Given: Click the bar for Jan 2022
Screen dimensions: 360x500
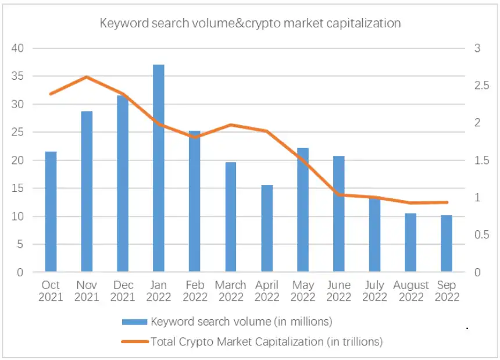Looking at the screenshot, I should pos(158,169).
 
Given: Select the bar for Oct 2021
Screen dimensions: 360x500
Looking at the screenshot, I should pos(51,212).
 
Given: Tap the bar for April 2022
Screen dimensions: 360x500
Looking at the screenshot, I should pos(267,229).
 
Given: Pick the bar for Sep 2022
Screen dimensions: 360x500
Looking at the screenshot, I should pos(447,244).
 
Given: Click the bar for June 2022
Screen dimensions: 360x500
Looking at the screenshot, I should pos(339,214).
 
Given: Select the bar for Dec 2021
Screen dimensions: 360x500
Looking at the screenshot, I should pos(123,184).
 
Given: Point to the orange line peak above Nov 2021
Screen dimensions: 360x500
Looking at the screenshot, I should pos(87,77).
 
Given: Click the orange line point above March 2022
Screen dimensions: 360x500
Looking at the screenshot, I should pos(231,125).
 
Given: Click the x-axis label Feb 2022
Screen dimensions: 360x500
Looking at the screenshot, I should pos(195,291).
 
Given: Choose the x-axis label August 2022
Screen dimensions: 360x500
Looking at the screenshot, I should pos(410,291).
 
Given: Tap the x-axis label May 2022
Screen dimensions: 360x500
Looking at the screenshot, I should pos(303,291).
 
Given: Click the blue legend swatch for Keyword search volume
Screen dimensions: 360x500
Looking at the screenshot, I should pos(134,322).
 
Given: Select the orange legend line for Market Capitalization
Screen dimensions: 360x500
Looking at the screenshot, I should pos(134,342).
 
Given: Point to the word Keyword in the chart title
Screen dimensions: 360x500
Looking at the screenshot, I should pos(120,24).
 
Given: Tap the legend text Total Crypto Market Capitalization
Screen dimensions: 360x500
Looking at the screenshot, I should pos(266,342).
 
